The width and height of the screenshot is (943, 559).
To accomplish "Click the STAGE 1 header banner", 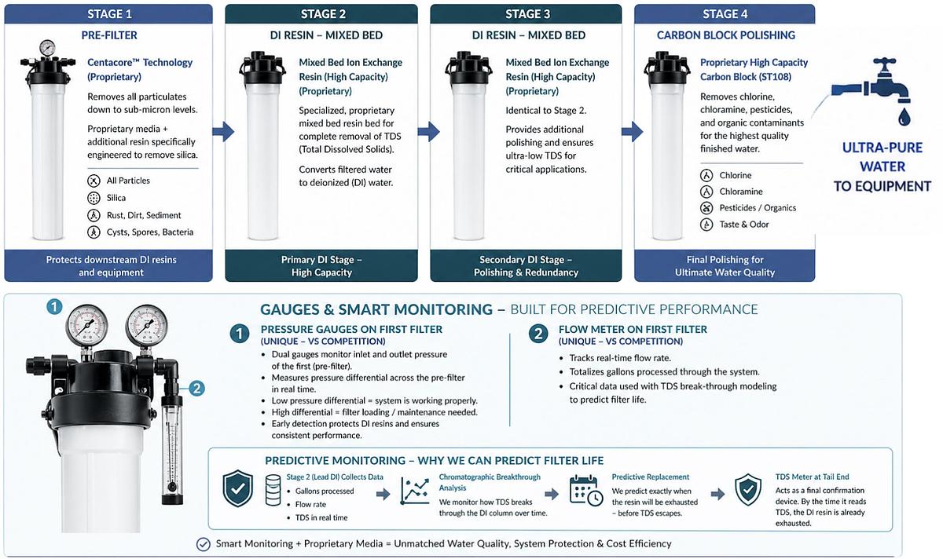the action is click(x=108, y=14).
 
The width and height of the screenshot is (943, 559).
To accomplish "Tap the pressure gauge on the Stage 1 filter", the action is click(x=47, y=48).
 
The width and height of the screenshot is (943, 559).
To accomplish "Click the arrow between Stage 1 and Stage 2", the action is click(x=223, y=132).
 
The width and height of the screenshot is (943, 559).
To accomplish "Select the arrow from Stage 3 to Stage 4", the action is click(x=633, y=132).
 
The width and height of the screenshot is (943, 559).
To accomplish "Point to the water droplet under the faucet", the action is click(x=904, y=117).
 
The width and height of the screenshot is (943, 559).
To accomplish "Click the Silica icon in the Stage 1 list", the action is click(x=94, y=198).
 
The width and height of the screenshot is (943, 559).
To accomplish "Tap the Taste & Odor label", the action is click(x=744, y=225).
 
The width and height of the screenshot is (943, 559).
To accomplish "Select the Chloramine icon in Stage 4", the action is click(x=706, y=192).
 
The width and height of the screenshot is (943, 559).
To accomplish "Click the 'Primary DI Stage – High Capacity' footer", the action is click(x=321, y=266).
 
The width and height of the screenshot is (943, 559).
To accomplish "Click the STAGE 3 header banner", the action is click(x=527, y=14).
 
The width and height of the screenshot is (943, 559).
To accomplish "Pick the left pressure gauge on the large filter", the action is click(x=86, y=326).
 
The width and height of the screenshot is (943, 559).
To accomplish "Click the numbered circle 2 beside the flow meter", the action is click(x=196, y=388).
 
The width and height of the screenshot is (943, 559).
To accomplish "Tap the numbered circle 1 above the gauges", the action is click(x=54, y=307).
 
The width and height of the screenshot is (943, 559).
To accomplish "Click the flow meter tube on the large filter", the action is click(x=172, y=449).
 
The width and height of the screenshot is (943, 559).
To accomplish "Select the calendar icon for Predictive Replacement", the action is click(x=586, y=491).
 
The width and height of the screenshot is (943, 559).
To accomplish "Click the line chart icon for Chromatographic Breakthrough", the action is click(x=415, y=491).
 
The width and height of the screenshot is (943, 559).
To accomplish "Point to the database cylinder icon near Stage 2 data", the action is click(x=273, y=490).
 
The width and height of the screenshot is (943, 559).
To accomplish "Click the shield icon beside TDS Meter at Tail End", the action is click(x=748, y=489).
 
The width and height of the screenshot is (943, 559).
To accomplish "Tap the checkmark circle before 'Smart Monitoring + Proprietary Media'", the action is click(x=204, y=544).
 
